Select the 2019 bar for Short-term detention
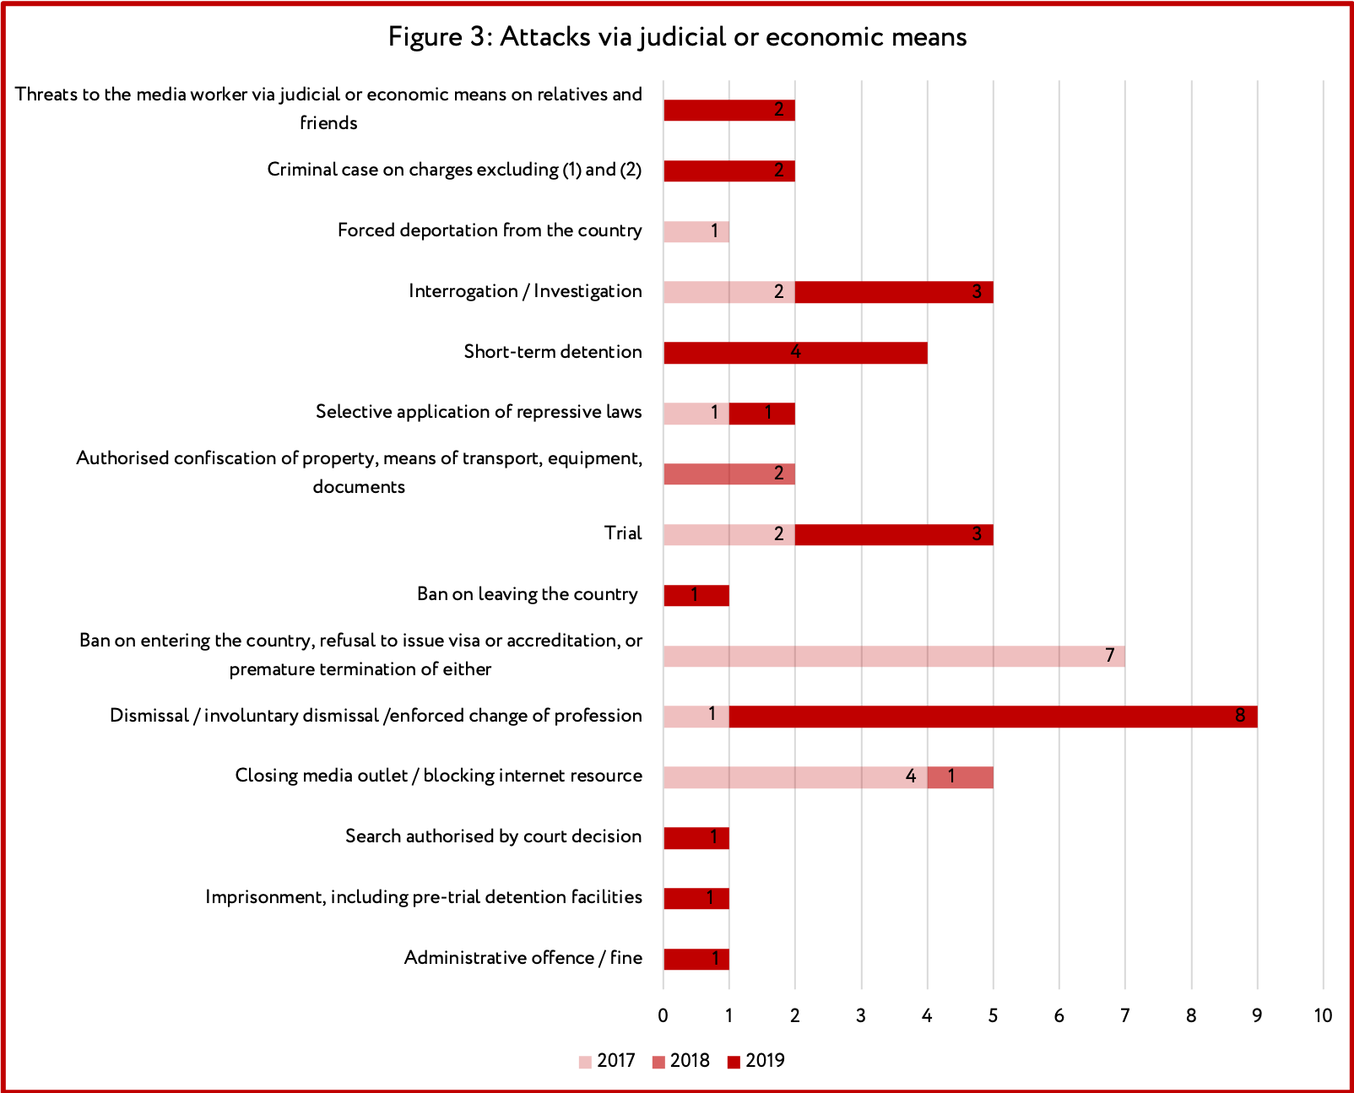795,353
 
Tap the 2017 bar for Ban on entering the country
895,656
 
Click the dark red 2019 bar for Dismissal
993,717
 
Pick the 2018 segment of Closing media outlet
961,777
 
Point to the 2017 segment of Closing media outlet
795,777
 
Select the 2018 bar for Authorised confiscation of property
729,474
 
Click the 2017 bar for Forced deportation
696,231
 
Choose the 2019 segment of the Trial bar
895,534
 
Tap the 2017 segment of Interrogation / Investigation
729,292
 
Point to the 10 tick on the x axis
1323,1015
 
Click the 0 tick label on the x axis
663,1015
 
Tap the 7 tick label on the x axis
1125,1015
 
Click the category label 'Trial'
623,533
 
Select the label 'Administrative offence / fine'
523,958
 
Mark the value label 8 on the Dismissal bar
1239,716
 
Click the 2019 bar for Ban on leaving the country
696,595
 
